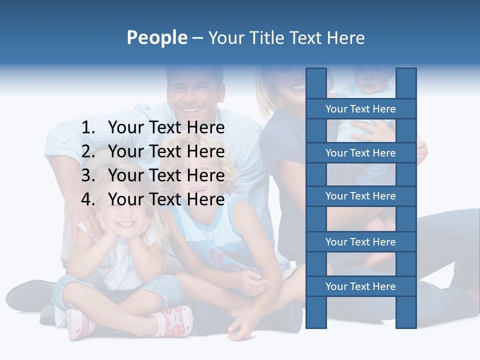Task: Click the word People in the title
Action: [157, 37]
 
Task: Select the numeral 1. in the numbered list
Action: [88, 128]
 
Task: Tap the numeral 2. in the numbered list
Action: [88, 151]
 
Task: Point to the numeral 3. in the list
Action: [88, 175]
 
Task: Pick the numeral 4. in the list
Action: [88, 199]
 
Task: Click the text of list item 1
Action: [166, 128]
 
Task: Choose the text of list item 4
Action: [166, 199]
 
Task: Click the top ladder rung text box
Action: [360, 109]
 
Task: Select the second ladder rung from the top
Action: [360, 153]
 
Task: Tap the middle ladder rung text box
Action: [360, 196]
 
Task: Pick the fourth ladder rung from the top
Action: [360, 242]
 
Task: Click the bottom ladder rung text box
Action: [360, 286]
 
